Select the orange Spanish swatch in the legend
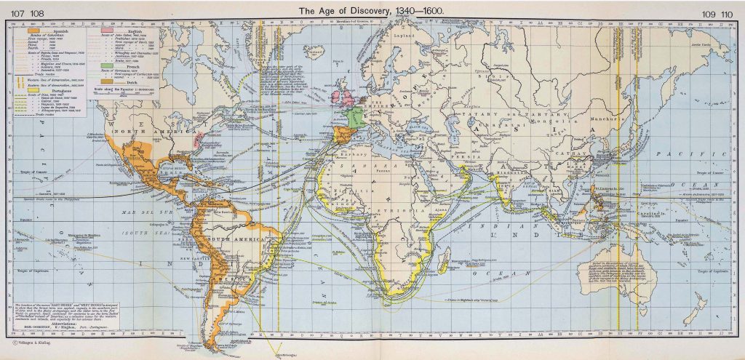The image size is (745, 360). (x=34, y=31)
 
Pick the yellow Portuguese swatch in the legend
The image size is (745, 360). (x=34, y=91)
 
